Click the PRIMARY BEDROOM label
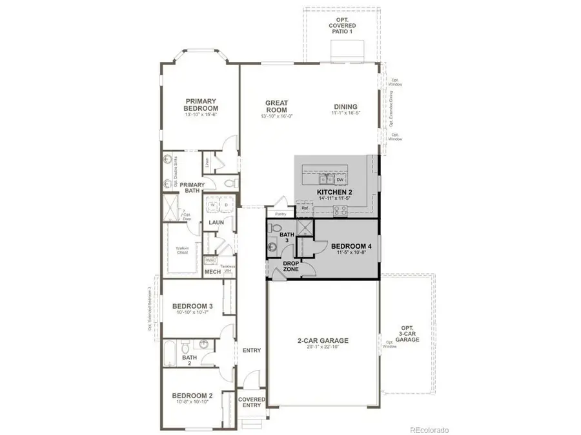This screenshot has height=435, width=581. [201, 105]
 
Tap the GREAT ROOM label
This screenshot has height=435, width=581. [276, 106]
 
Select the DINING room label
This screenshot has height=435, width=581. [345, 107]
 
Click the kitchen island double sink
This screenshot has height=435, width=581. [325, 180]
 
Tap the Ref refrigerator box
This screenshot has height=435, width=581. [305, 208]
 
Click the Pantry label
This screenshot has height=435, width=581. [280, 213]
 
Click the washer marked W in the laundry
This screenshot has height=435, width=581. [212, 206]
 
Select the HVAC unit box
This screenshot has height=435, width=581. [210, 260]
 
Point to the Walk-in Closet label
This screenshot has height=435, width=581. [182, 250]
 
